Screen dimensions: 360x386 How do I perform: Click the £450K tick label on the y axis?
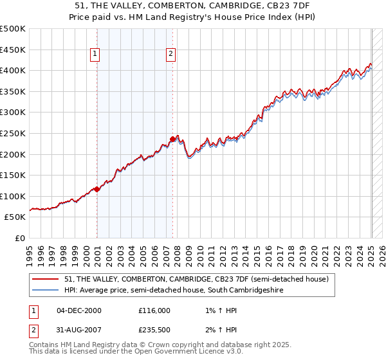[x=13, y=50]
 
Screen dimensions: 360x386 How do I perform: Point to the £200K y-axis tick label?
[x=13, y=154]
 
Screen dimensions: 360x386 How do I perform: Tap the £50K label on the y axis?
[x=15, y=217]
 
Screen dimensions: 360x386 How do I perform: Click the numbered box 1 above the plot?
[x=95, y=55]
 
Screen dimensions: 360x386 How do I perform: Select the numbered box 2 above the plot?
[x=170, y=55]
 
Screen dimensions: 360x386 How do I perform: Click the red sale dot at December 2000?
[x=97, y=189]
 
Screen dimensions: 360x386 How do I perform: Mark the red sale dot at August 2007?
[x=173, y=139]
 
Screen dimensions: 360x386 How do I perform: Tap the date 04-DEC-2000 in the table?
[x=79, y=310]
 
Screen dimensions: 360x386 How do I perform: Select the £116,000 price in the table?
[x=154, y=310]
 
